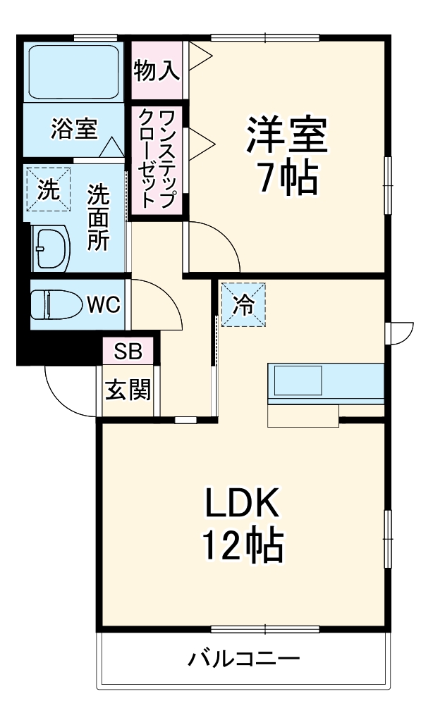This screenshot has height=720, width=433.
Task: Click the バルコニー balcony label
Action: click(244, 660)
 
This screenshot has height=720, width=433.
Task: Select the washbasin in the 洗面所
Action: click(51, 248)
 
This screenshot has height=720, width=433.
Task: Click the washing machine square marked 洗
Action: click(49, 189)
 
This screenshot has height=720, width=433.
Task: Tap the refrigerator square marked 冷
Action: click(243, 304)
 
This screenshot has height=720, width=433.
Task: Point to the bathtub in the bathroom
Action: click(73, 73)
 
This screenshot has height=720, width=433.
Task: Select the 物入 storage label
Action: click(157, 70)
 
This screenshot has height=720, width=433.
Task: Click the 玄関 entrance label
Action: click(128, 390)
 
